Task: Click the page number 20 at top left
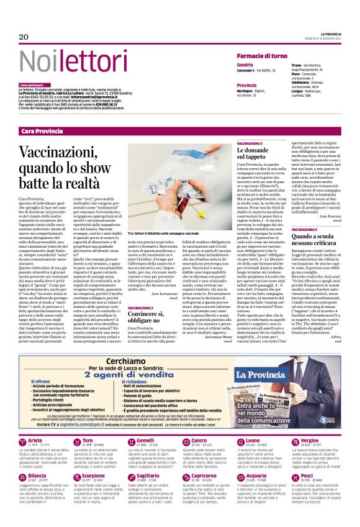click(x=24, y=37)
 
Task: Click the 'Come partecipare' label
click(x=32, y=84)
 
